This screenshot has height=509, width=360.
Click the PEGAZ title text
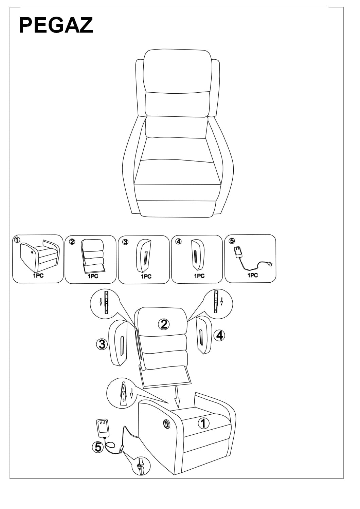(x=56, y=25)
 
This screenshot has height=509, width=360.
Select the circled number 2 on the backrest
(x=164, y=324)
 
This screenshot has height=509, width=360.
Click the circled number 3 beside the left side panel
(x=102, y=344)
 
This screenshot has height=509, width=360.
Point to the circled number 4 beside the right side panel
(x=220, y=336)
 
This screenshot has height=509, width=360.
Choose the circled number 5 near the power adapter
(x=98, y=447)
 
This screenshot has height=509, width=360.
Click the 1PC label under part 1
(x=38, y=276)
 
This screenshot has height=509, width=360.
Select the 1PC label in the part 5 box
(x=252, y=275)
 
